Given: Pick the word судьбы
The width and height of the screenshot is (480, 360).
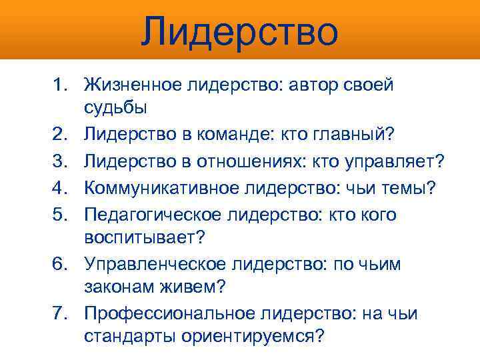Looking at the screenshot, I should click(x=115, y=107).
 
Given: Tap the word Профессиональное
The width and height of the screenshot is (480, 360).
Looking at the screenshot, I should click(x=161, y=313).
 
